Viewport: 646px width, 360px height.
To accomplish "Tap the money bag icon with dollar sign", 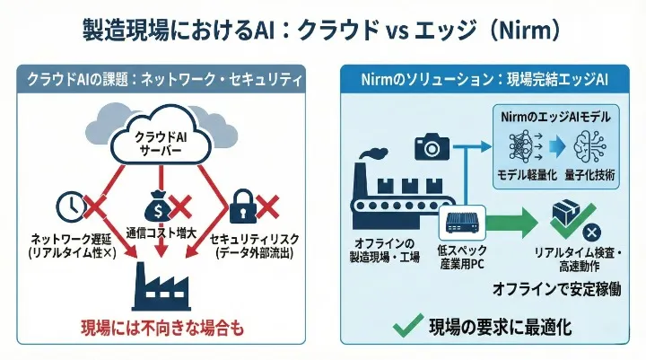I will pos(153,208).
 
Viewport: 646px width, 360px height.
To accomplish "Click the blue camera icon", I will pos(432,146).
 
